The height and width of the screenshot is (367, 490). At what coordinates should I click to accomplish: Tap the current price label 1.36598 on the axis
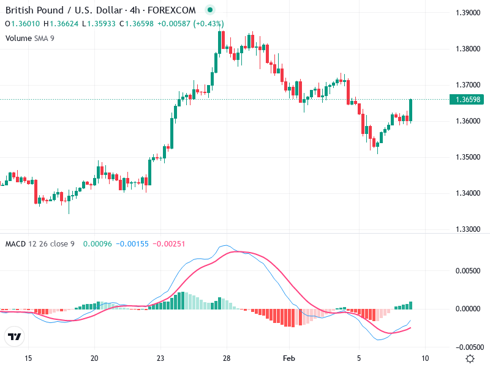(468, 99)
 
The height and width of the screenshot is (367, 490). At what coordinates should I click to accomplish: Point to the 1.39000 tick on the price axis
(468, 13)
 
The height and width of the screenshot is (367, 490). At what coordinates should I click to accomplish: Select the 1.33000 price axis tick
(468, 229)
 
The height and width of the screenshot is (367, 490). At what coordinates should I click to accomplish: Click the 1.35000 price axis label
(468, 157)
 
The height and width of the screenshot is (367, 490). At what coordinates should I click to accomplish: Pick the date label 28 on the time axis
(226, 358)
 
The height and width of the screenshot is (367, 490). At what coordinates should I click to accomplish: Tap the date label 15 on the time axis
(28, 358)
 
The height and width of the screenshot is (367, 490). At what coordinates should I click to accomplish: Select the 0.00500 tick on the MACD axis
(468, 270)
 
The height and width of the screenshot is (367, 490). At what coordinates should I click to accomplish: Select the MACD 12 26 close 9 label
(40, 243)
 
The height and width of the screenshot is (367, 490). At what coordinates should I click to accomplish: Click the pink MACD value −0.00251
(168, 243)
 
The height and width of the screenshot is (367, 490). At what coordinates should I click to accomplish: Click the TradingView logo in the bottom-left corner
(15, 336)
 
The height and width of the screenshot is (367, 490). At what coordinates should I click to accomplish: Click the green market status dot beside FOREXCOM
(210, 10)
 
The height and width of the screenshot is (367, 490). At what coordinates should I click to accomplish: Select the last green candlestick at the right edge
(411, 110)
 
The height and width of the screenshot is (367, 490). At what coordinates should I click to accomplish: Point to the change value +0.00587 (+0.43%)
(190, 24)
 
